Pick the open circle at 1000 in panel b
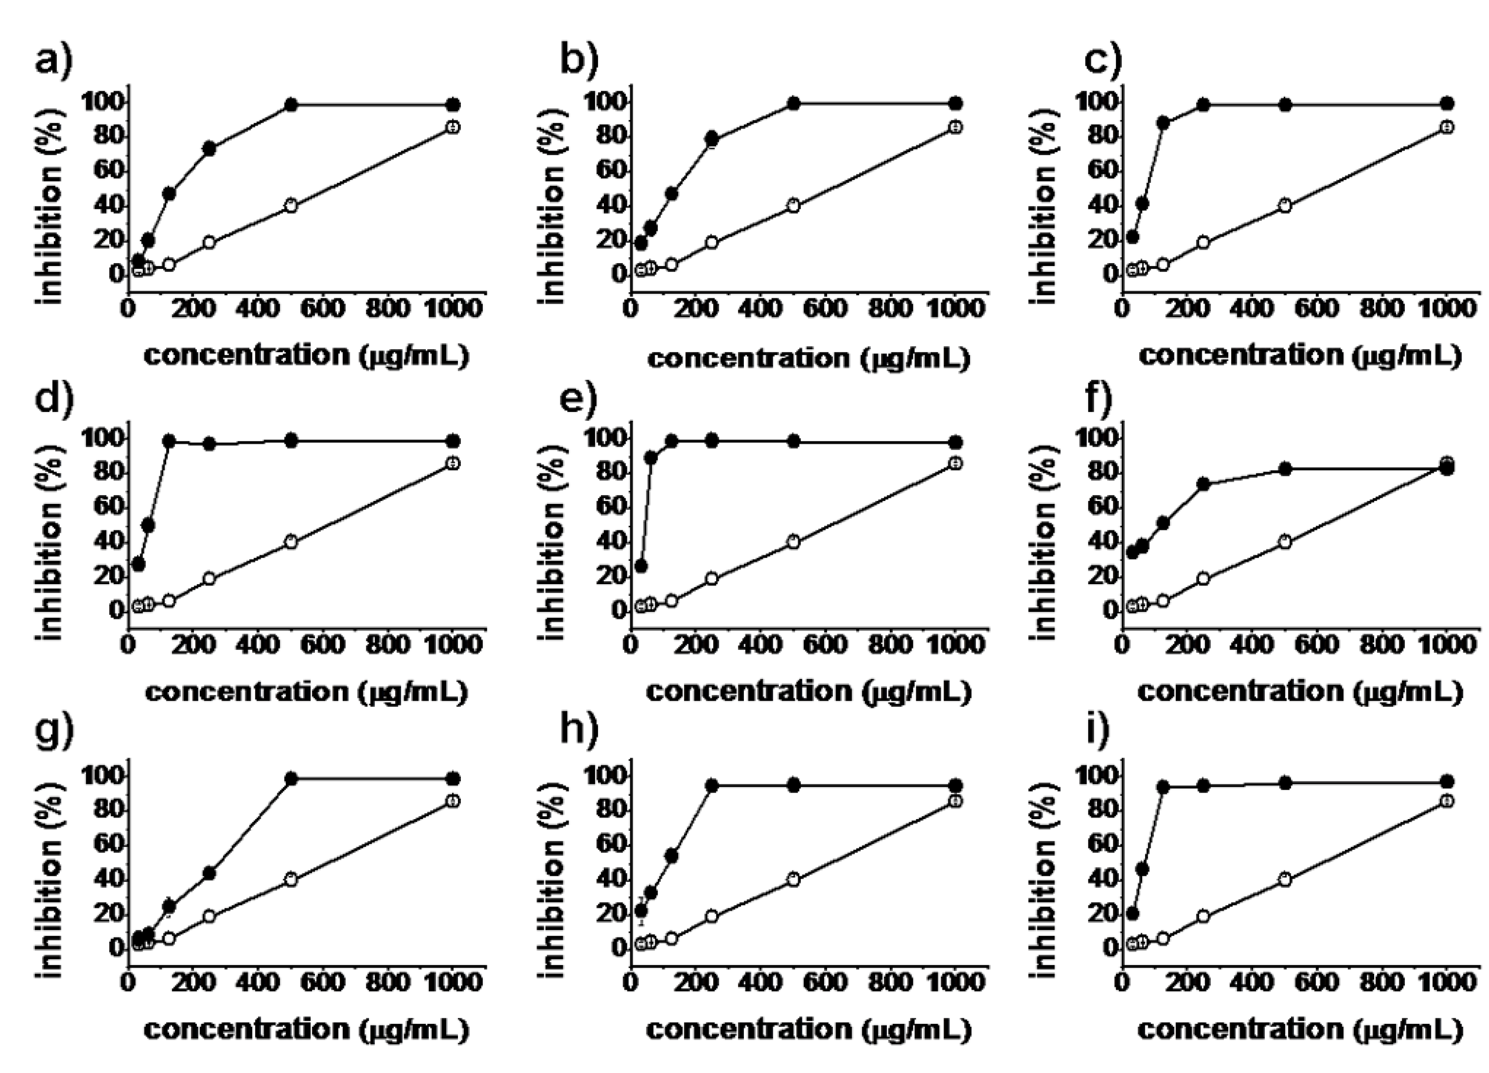955,127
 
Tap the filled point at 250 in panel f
1203,484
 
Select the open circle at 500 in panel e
793,542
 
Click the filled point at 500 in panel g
291,779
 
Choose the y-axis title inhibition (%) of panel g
51,867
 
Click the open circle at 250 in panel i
1203,916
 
